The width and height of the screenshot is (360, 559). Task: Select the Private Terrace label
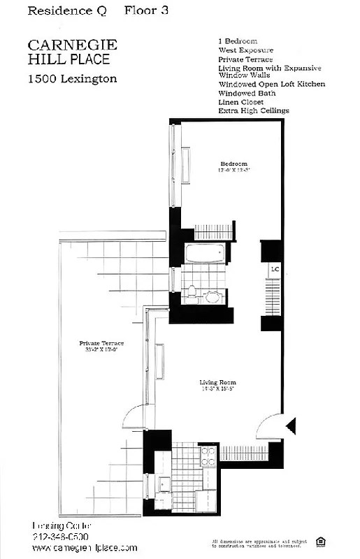101,344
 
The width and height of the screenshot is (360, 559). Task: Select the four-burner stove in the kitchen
208,458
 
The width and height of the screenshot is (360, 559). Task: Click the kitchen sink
165,484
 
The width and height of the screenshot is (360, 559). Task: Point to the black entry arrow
291,425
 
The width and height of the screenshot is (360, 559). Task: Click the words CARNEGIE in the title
72,45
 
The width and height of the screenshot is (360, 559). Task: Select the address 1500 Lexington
72,79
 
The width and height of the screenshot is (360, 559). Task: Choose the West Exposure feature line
245,51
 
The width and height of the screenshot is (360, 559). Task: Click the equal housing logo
322,540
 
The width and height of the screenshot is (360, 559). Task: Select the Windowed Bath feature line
246,94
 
